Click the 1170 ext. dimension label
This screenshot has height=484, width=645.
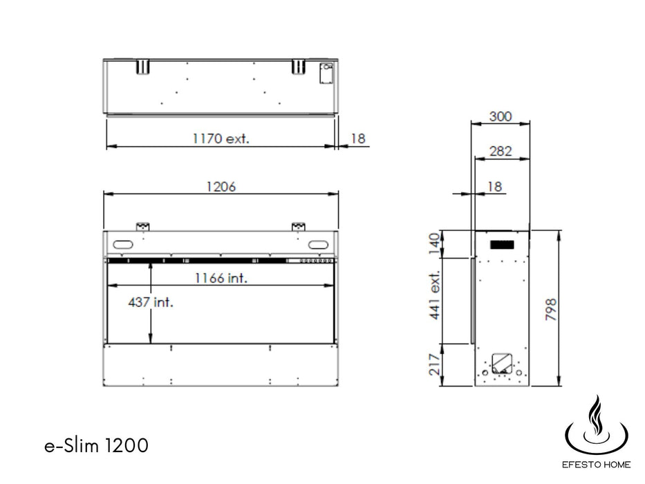pos(221,138)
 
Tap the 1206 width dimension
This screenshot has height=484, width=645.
pos(221,187)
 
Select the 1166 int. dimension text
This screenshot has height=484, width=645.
pos(221,278)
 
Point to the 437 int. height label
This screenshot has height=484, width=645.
pos(151,303)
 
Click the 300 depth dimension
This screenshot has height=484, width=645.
pos(501,116)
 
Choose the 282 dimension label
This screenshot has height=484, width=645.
pos(501,151)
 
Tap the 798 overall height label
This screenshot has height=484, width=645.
pos(550,310)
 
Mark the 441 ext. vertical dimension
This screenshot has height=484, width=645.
pos(434,295)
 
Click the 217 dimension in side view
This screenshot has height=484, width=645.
pos(434,364)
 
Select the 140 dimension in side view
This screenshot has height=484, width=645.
pos(434,243)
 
